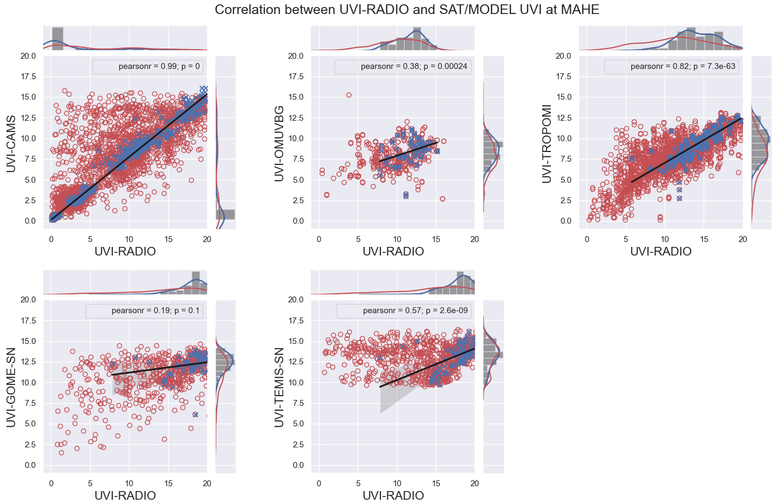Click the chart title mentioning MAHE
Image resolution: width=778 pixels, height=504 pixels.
click(x=407, y=10)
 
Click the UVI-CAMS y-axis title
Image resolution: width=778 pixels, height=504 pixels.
click(x=11, y=143)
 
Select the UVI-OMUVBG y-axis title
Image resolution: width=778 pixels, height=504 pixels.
click(x=279, y=143)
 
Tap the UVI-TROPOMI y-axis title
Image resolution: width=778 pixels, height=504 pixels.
click(x=547, y=143)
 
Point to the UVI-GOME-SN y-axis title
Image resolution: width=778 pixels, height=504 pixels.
click(x=11, y=387)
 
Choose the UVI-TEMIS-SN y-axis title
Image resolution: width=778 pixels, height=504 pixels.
click(x=279, y=387)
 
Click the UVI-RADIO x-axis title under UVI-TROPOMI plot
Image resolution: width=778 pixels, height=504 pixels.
click(x=661, y=252)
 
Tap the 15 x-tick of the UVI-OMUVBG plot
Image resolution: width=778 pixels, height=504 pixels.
click(x=436, y=239)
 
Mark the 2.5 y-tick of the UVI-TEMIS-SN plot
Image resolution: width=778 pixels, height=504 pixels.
click(x=295, y=445)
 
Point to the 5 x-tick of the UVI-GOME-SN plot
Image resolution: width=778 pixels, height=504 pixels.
click(x=90, y=484)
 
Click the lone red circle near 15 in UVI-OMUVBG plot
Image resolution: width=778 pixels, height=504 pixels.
click(x=349, y=95)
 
